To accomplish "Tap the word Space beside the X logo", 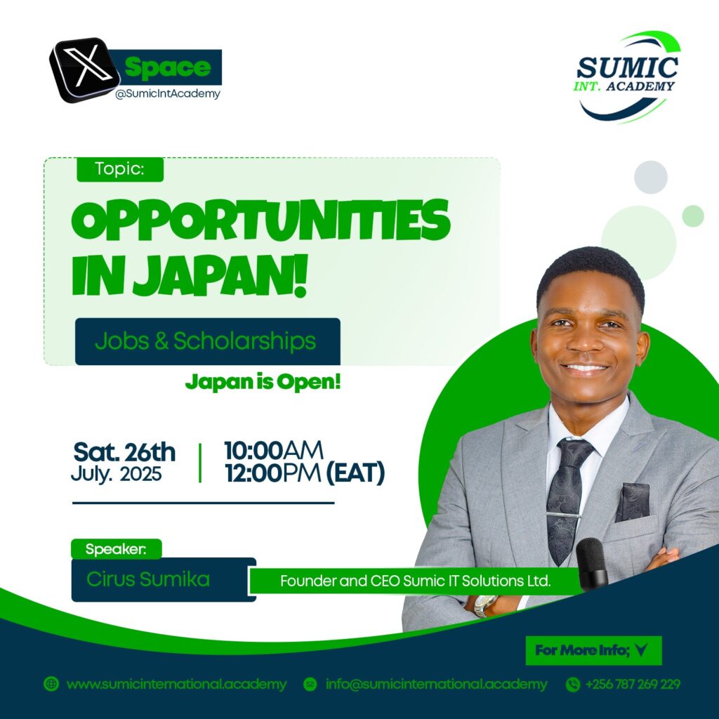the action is pyautogui.click(x=167, y=67).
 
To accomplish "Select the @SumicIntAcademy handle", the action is pyautogui.click(x=168, y=93).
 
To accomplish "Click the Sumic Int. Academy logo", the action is pyautogui.click(x=627, y=77).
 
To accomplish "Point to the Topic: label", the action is pyautogui.click(x=119, y=169).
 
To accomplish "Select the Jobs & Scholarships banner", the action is pyautogui.click(x=207, y=341).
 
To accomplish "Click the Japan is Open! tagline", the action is pyautogui.click(x=263, y=382).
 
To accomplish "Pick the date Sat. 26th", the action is pyautogui.click(x=124, y=452).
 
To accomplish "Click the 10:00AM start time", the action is pyautogui.click(x=273, y=450).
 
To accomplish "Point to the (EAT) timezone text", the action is pyautogui.click(x=355, y=473).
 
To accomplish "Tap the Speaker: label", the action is pyautogui.click(x=117, y=549).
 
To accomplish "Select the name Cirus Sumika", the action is pyautogui.click(x=148, y=579).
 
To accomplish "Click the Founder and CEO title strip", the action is pyautogui.click(x=415, y=581).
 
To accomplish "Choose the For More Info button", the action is pyautogui.click(x=593, y=650).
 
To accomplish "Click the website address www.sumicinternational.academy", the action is pyautogui.click(x=176, y=684).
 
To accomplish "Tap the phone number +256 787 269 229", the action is pyautogui.click(x=633, y=684).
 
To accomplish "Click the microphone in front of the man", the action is pyautogui.click(x=592, y=564).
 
